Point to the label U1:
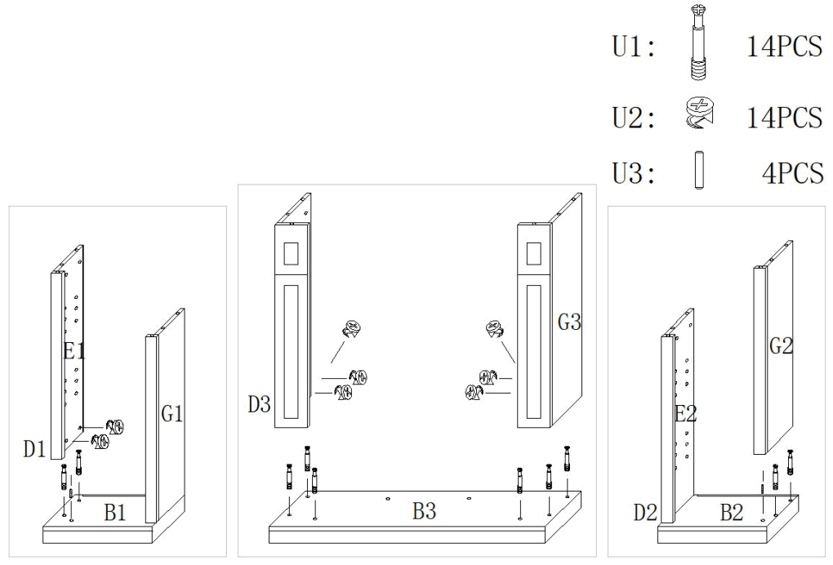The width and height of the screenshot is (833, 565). pos(634,47)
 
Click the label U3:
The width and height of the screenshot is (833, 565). pos(634,175)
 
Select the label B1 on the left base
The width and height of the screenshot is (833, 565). pos(115,513)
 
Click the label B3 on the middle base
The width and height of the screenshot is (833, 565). pos(423,512)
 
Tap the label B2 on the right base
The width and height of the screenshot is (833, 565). pos(731,513)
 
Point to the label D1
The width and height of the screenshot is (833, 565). pos(33,448)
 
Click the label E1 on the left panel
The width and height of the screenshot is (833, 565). pos(75,352)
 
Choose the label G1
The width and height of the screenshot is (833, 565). pos(171,414)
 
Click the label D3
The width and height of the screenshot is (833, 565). pos(259,403)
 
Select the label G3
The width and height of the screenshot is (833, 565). pos(569,323)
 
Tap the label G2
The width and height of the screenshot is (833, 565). pos(781,346)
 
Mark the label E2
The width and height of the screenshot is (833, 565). pos(686,414)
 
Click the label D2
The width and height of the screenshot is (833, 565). pos(645,513)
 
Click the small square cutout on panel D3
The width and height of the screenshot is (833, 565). pos(291,254)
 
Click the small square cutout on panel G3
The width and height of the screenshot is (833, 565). pos(534,254)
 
